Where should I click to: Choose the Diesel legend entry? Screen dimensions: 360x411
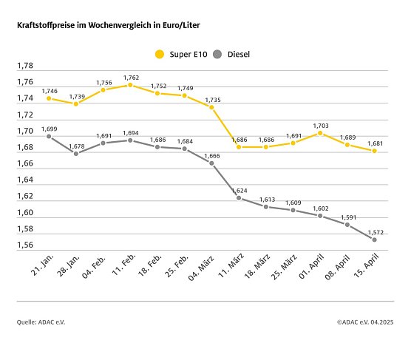coord(232,54)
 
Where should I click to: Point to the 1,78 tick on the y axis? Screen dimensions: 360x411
coord(24,67)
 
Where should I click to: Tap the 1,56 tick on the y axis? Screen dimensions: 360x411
coord(24,245)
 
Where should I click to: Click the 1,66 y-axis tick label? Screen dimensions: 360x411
coord(24,164)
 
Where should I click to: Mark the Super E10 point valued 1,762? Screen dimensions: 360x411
coord(130,85)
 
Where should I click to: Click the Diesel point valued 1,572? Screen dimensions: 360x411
coord(375,240)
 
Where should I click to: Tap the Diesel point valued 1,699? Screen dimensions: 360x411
coord(49,136)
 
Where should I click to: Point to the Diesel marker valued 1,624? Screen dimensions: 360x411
coord(239,197)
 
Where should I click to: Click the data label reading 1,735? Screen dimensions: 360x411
coord(211,99)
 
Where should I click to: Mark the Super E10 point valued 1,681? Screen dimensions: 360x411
coord(375,151)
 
